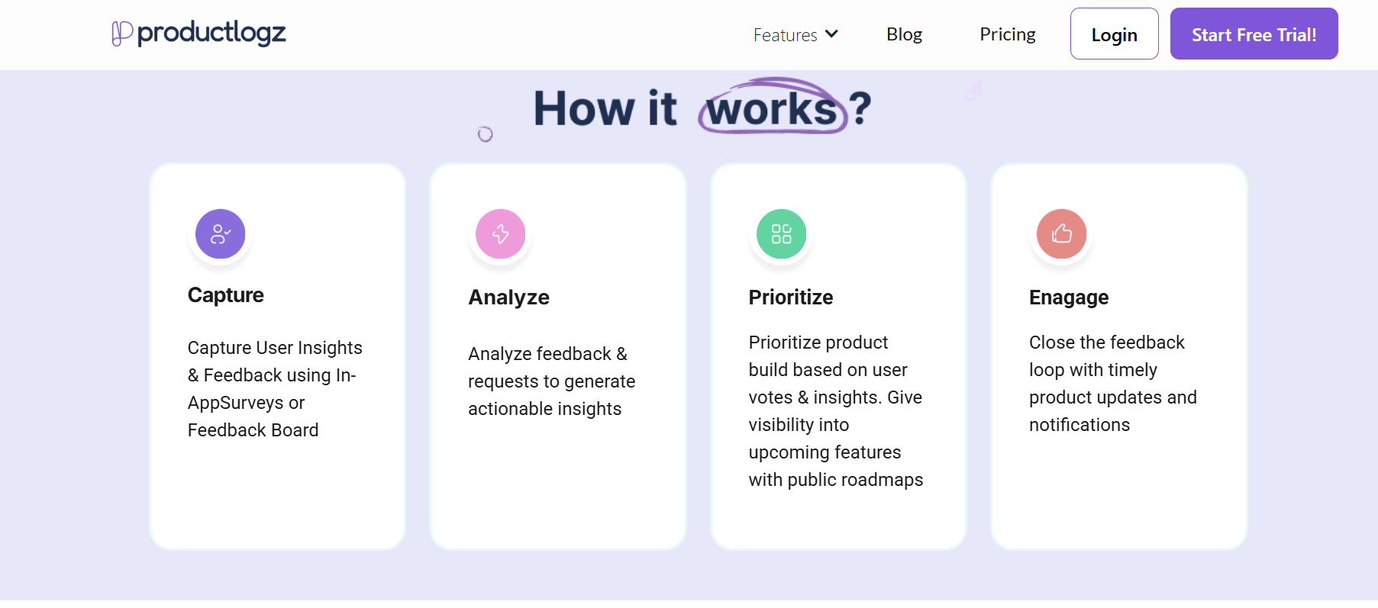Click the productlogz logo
(198, 34)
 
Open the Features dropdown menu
(795, 35)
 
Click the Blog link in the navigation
(904, 34)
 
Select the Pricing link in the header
(1007, 34)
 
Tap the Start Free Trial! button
(1254, 34)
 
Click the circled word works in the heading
(772, 109)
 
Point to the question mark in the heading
(860, 108)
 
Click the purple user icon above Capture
(221, 234)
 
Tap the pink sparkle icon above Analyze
(501, 234)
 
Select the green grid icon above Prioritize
(781, 234)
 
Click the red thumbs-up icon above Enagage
(1061, 234)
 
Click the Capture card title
(226, 295)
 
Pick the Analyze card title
(508, 298)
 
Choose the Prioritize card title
(790, 298)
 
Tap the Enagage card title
(1068, 298)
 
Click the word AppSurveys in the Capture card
(235, 403)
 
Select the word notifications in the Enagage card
(1079, 425)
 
